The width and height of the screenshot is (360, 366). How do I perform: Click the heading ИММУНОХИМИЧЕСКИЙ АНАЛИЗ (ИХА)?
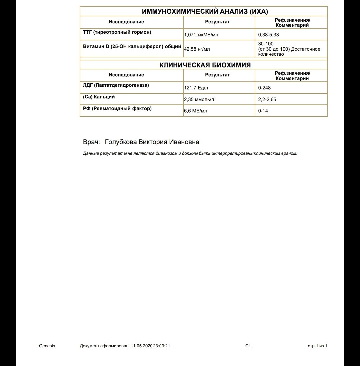click(x=205, y=12)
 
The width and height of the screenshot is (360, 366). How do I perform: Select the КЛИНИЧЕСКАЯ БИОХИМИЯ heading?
click(x=205, y=65)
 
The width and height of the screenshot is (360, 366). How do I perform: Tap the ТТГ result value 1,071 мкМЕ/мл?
click(x=201, y=34)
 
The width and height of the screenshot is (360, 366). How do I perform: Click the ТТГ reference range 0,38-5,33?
click(x=269, y=34)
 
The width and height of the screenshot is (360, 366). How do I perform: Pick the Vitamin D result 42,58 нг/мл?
click(x=197, y=49)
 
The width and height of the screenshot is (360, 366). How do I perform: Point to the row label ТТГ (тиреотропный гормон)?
click(x=117, y=32)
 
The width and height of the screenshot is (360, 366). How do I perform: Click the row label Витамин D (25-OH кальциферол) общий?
click(x=132, y=46)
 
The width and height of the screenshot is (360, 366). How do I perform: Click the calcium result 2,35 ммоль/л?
click(x=199, y=99)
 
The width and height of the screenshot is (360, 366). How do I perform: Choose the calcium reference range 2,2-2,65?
click(x=267, y=99)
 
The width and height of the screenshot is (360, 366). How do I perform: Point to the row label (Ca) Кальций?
click(x=99, y=97)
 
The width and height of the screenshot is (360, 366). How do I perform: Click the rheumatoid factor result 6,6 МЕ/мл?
click(x=196, y=111)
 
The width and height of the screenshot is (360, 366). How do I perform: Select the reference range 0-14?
click(x=263, y=111)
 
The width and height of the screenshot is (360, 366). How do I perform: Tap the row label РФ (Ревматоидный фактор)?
click(x=117, y=108)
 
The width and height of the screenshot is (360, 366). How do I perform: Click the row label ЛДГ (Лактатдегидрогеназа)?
click(x=116, y=85)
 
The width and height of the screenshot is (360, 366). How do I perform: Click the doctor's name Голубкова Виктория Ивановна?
click(x=152, y=142)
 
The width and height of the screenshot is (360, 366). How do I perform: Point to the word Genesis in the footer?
click(x=47, y=346)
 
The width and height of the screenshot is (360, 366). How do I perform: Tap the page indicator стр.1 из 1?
click(x=317, y=346)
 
